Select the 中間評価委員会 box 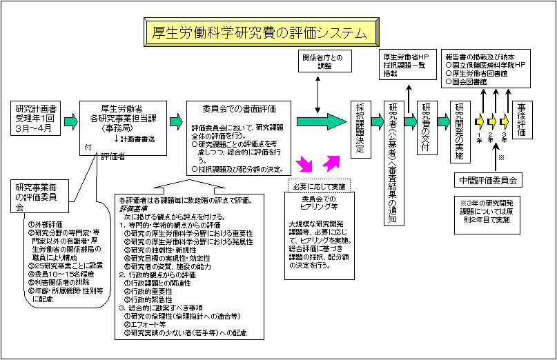489,181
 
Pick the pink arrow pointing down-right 304,164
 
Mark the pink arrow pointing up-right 331,163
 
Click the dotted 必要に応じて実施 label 319,186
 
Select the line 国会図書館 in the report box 467,81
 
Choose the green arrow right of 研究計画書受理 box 71,121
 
